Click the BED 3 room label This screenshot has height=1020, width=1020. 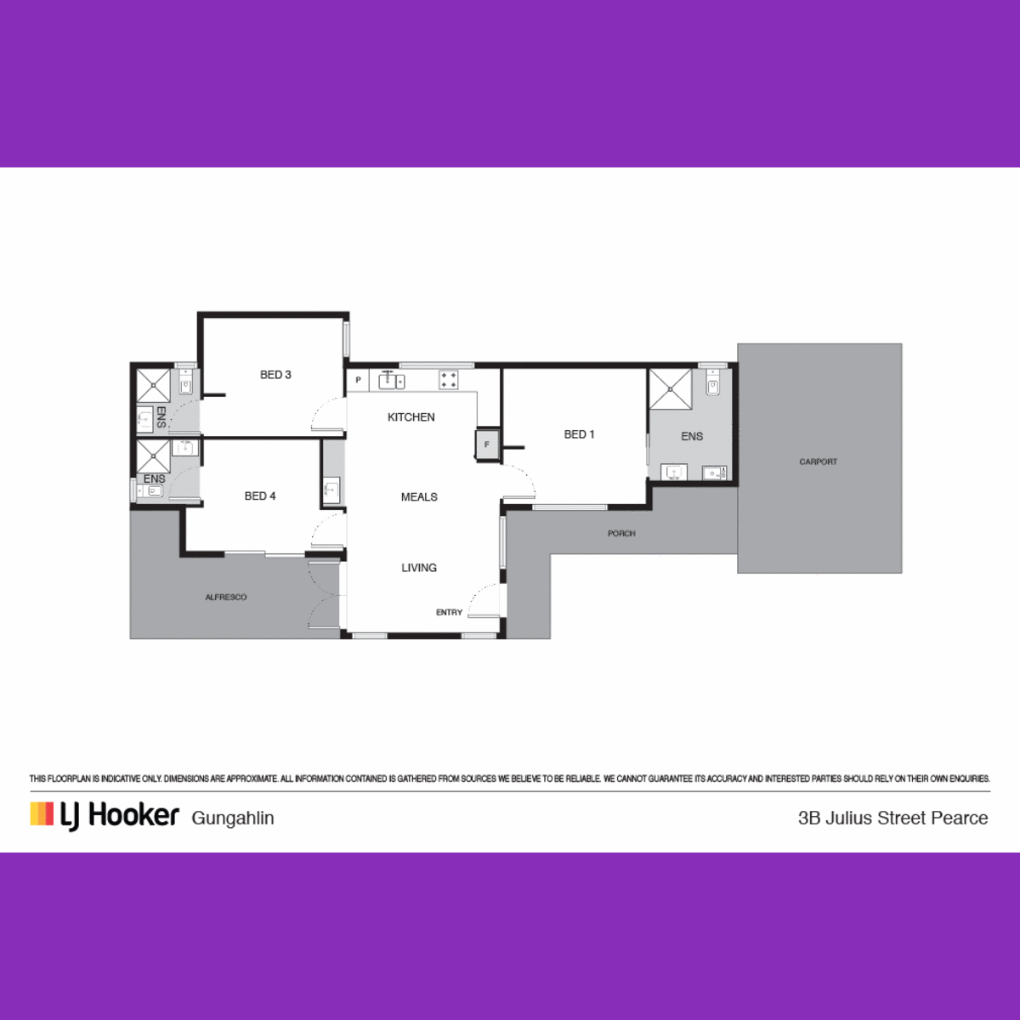(x=275, y=375)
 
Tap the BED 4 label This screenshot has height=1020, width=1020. (x=260, y=496)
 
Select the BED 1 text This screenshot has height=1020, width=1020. (x=579, y=434)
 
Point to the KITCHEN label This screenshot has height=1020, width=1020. (x=411, y=417)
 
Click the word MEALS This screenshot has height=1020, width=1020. (x=419, y=497)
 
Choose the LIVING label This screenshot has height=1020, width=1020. (x=419, y=568)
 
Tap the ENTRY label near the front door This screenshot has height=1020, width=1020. (x=449, y=612)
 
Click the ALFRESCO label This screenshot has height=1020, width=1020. (x=226, y=597)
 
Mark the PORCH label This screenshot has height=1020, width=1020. (x=621, y=534)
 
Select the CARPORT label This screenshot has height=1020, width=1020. (x=819, y=462)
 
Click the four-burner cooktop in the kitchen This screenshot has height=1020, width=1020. (x=448, y=380)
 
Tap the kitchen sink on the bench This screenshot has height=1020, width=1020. (x=392, y=380)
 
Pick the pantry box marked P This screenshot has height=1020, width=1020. (x=358, y=380)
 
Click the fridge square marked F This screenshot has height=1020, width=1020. (x=487, y=445)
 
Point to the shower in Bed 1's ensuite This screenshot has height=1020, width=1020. (x=671, y=389)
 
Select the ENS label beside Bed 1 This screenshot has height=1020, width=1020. (x=692, y=437)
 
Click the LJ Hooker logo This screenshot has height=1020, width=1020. (x=105, y=816)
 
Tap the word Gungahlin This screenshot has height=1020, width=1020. (x=233, y=819)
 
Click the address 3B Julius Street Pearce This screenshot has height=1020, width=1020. (x=893, y=818)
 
